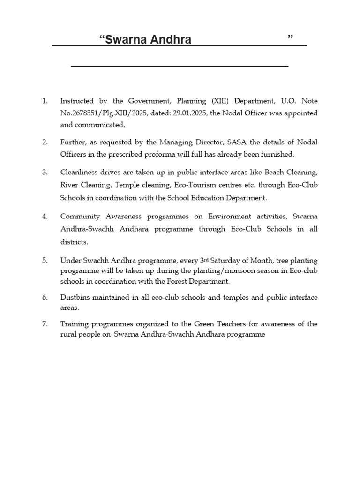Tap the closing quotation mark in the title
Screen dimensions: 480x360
[291, 37]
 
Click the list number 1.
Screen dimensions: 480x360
[45, 101]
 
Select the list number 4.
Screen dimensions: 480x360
[45, 216]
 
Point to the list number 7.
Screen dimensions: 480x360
[45, 324]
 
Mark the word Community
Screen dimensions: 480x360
[80, 216]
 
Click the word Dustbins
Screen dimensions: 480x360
[75, 298]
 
